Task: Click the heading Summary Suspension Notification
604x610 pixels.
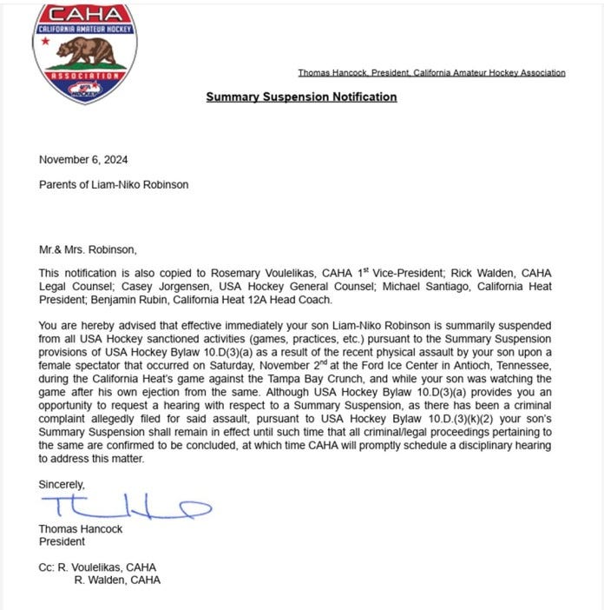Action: point(301,96)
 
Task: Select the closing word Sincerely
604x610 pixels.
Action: point(62,484)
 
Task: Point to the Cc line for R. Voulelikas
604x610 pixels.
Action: point(97,567)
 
